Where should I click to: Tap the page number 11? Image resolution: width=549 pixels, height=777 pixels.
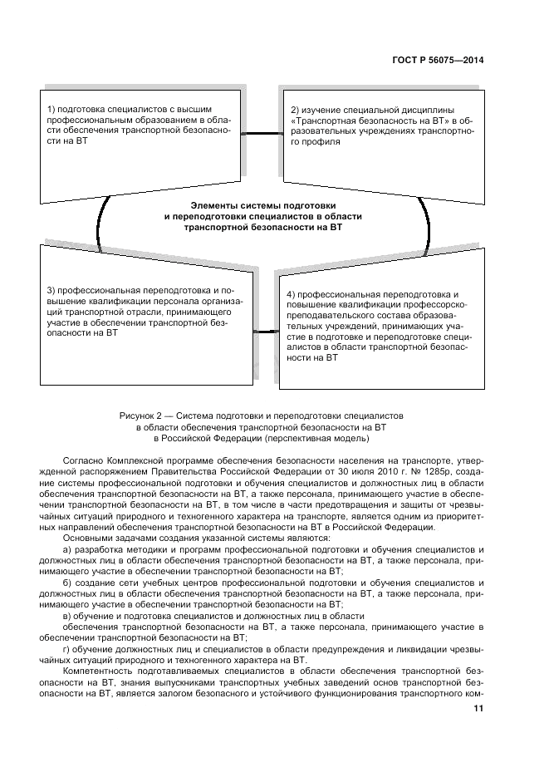point(478,708)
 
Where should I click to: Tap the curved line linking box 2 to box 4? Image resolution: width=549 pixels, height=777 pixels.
point(428,221)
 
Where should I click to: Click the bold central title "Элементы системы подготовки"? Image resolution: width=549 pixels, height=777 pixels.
point(263,205)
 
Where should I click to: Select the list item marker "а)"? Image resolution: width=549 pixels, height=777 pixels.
point(69,550)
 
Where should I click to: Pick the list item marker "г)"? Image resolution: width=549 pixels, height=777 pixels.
point(69,647)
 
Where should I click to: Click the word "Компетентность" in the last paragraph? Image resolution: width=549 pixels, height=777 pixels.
point(104,669)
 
